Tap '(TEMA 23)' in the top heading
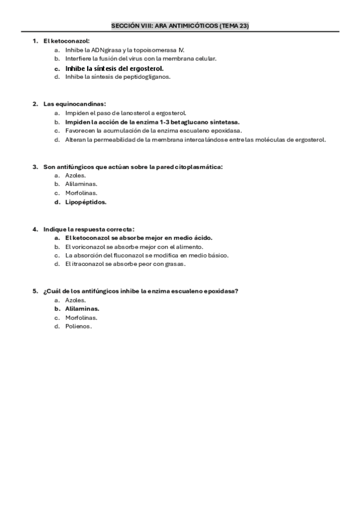pyautogui.click(x=235, y=26)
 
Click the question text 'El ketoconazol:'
pyautogui.click(x=66, y=40)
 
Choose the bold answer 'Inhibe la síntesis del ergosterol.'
pyautogui.click(x=114, y=69)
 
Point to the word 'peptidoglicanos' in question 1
pyautogui.click(x=150, y=77)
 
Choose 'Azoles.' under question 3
pyautogui.click(x=76, y=175)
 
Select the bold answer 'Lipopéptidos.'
pyautogui.click(x=85, y=202)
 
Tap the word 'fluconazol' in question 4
pyautogui.click(x=126, y=255)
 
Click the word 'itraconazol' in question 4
pyautogui.click(x=88, y=264)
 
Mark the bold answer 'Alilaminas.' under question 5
pyautogui.click(x=82, y=309)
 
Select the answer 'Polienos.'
pyautogui.click(x=79, y=327)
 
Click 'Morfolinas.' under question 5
pyautogui.click(x=81, y=318)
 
